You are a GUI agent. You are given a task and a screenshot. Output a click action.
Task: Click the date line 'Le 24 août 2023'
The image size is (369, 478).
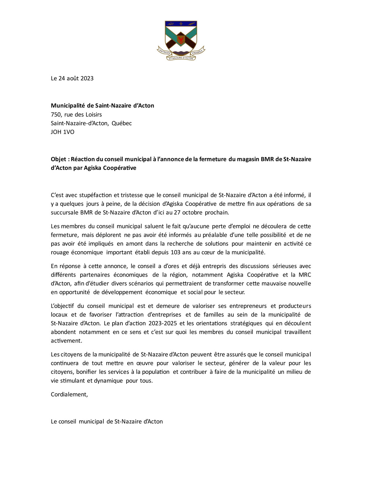[72, 78]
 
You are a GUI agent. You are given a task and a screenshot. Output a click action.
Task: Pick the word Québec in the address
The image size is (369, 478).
[121, 123]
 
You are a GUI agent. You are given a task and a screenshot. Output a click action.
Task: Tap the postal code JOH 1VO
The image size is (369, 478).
[62, 132]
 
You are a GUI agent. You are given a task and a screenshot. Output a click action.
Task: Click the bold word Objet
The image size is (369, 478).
[58, 159]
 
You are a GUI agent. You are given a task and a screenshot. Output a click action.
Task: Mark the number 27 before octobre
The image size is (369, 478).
[177, 212]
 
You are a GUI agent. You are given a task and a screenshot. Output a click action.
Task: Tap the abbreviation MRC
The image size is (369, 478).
[305, 275]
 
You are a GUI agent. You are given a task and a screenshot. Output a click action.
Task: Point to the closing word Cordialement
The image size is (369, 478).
[69, 395]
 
